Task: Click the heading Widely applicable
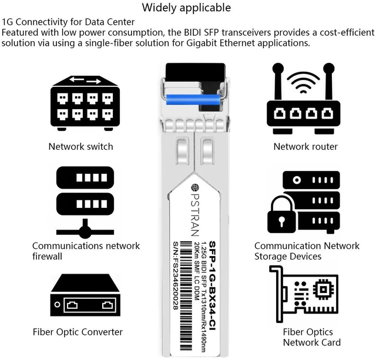pyautogui.click(x=186, y=8)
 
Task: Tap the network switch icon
pyautogui.click(x=85, y=103)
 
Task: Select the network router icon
pyautogui.click(x=303, y=99)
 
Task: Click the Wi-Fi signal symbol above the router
pyautogui.click(x=303, y=83)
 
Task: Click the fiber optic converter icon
pyautogui.click(x=85, y=295)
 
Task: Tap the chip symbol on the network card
pyautogui.click(x=323, y=290)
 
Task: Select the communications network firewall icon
pyautogui.click(x=85, y=203)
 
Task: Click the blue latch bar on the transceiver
pyautogui.click(x=193, y=99)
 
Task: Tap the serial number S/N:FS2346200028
pyautogui.click(x=176, y=275)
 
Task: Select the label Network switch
pyautogui.click(x=81, y=146)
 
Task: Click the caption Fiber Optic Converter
pyautogui.click(x=78, y=332)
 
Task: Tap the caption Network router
pyautogui.click(x=305, y=146)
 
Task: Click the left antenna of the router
pyautogui.click(x=278, y=82)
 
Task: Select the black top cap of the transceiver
pyautogui.click(x=196, y=72)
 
